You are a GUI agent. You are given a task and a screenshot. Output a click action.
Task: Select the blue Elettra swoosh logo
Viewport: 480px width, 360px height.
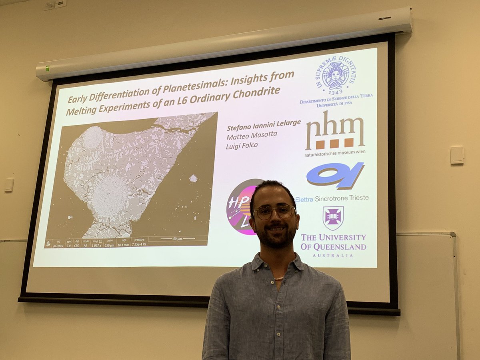(335, 175)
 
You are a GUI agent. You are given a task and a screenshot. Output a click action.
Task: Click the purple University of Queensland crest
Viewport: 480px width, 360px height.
(333, 218)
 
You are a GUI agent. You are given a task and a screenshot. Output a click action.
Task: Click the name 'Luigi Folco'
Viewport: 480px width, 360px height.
(242, 145)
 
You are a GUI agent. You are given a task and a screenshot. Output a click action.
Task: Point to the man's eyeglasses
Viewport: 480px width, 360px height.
(274, 212)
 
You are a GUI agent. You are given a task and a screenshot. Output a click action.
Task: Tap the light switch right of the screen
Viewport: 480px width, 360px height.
(457, 155)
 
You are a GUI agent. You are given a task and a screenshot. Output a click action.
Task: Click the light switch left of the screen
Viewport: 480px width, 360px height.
(9, 185)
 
